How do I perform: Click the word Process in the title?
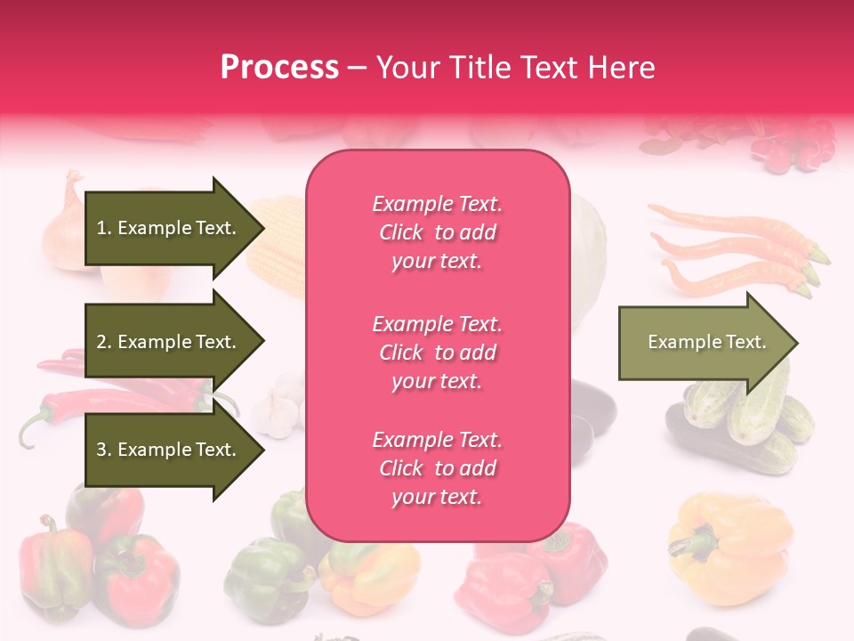[x=279, y=68]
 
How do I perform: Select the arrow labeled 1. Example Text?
[x=166, y=228]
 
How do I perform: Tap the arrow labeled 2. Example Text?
[x=166, y=342]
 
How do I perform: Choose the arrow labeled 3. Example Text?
[x=166, y=450]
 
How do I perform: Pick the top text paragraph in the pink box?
[x=437, y=232]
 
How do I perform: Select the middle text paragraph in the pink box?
[x=437, y=353]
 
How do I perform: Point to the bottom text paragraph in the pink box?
[x=437, y=468]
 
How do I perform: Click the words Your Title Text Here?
[x=515, y=68]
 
